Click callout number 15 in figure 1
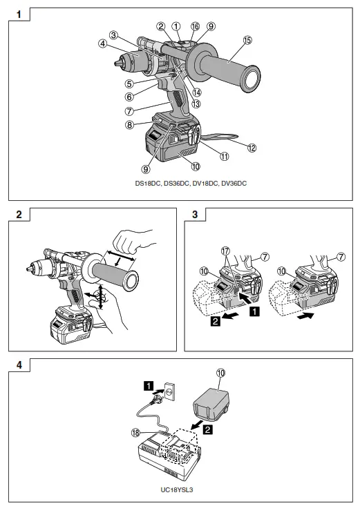[247, 40]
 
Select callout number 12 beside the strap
[252, 148]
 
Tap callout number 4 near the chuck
[102, 43]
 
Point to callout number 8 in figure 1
[129, 124]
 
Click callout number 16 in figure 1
[195, 26]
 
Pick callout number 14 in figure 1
[196, 93]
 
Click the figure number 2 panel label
[19, 214]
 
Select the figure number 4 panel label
[19, 365]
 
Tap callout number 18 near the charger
[135, 433]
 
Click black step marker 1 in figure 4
[149, 386]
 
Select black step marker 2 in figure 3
[215, 321]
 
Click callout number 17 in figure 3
[225, 251]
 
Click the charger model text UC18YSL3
[177, 490]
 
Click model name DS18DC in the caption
[148, 184]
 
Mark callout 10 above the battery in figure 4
[220, 373]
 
